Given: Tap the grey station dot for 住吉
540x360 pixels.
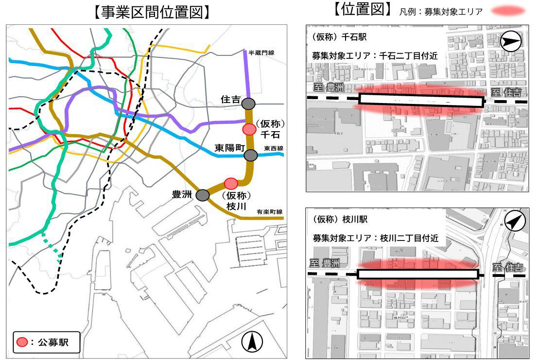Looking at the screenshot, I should click(x=248, y=103).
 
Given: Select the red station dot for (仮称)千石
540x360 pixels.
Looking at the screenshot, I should click(x=249, y=129).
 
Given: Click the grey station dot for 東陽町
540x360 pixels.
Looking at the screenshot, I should click(x=250, y=155).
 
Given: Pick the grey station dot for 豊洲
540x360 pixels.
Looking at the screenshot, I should click(x=203, y=195).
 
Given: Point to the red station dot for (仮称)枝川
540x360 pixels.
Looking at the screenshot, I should click(x=231, y=183).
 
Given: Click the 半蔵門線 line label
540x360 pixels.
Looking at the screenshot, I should click(x=261, y=52).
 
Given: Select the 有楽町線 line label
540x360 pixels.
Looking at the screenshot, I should click(x=270, y=212).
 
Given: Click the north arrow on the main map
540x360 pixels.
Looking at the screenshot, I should click(x=252, y=343).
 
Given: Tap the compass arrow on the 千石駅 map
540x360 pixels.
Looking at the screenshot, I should click(x=510, y=41).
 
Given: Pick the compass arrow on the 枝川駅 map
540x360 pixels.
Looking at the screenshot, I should click(x=515, y=222).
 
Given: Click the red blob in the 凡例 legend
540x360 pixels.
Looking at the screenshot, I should click(x=508, y=11).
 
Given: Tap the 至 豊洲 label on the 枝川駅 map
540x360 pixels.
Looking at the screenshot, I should click(x=325, y=264).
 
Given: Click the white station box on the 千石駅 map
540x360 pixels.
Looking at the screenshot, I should click(x=421, y=101).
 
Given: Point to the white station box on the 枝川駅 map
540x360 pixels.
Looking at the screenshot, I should click(x=418, y=274).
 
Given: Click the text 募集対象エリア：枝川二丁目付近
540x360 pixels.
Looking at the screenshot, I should click(x=376, y=239).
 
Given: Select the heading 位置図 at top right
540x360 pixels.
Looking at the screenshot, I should click(x=362, y=10).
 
